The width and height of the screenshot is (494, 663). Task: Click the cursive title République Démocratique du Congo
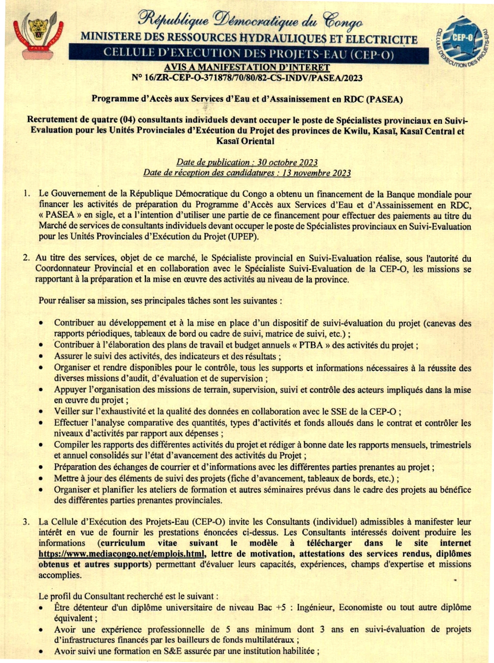click(x=250, y=20)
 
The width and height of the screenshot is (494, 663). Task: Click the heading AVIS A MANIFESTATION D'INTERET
click(x=247, y=67)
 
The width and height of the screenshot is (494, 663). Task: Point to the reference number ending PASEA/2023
click(x=247, y=77)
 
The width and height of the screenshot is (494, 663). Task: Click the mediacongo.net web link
click(x=122, y=554)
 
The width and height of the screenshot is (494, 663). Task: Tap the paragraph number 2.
click(x=26, y=258)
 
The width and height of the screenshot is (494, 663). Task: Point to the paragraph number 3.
click(x=26, y=522)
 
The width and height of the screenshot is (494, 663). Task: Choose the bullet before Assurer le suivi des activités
click(x=43, y=357)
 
